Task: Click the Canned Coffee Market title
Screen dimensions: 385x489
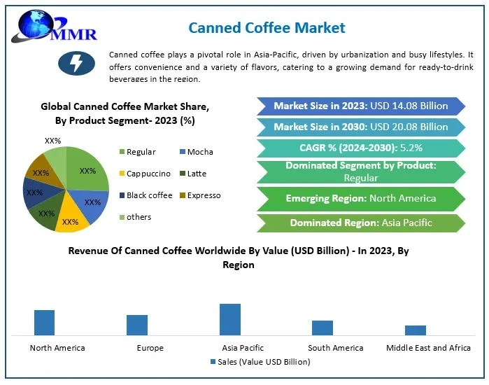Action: click(x=267, y=28)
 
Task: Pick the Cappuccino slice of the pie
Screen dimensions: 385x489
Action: click(x=71, y=217)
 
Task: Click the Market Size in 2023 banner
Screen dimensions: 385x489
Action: click(x=360, y=106)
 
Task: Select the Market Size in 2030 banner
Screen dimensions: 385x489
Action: click(x=360, y=127)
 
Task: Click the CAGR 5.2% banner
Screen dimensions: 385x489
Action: click(x=360, y=148)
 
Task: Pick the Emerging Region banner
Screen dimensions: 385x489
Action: click(x=360, y=198)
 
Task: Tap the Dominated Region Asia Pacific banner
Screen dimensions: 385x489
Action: click(x=360, y=223)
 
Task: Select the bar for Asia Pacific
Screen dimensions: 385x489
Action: click(x=230, y=320)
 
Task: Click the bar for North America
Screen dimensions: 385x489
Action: click(x=44, y=323)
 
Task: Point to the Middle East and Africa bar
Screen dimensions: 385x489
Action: click(x=415, y=330)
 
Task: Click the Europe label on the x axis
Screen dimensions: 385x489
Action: click(x=150, y=348)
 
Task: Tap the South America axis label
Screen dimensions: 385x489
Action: click(x=336, y=348)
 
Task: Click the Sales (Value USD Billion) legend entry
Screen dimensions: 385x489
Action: click(x=260, y=362)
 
